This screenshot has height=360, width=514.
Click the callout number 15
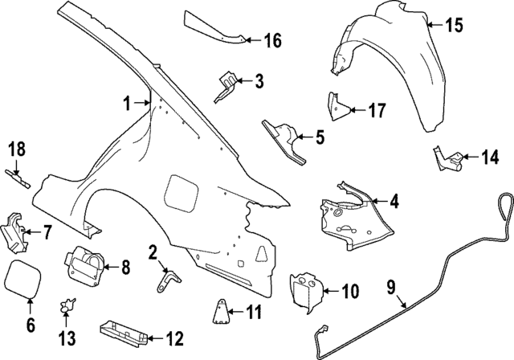click(454, 25)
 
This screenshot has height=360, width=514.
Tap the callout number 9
click(393, 285)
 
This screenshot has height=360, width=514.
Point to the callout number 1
click(126, 103)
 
